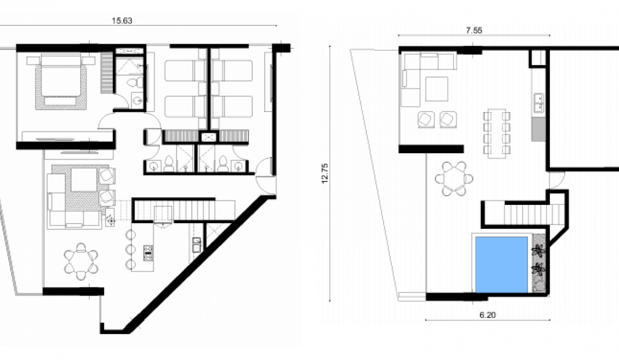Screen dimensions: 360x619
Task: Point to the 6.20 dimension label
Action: click(487, 315)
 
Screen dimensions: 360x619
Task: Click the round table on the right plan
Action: click(455, 178)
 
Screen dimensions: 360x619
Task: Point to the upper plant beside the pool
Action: click(538, 250)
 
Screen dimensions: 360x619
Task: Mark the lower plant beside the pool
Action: click(538, 269)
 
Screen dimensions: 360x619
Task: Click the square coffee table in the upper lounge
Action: click(436, 88)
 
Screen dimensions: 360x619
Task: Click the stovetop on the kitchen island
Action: click(149, 251)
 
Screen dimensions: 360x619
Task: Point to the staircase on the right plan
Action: click(528, 213)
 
